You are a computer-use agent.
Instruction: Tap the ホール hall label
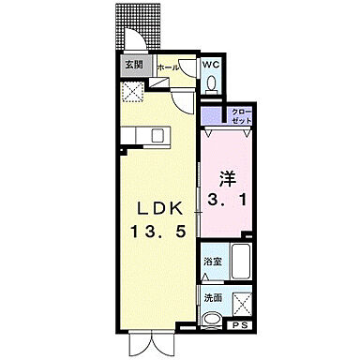point(168,67)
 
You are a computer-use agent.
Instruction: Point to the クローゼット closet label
point(240,116)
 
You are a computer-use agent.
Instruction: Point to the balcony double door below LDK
point(147,343)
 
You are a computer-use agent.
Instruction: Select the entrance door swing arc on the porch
point(138,42)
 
